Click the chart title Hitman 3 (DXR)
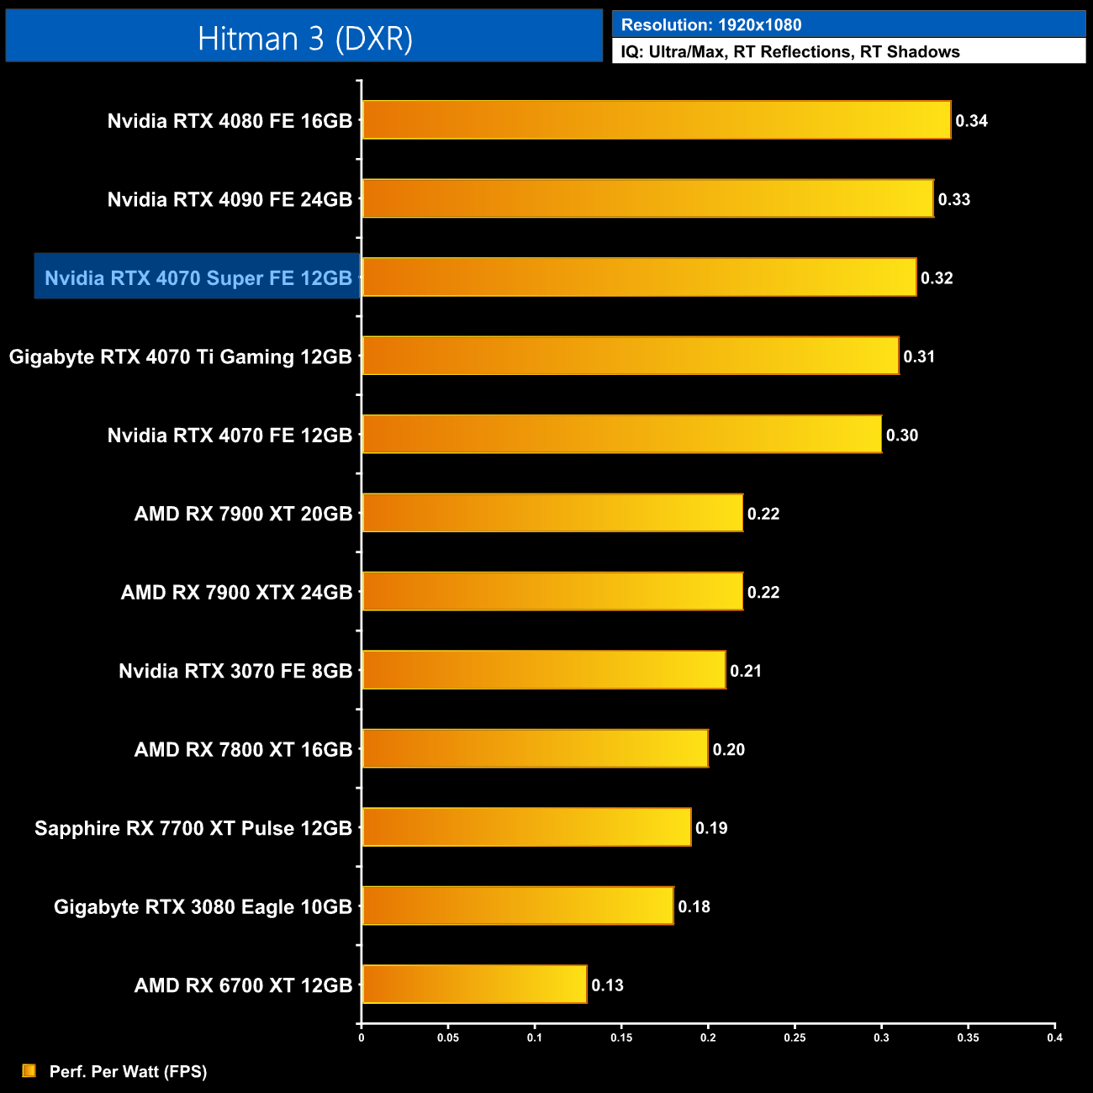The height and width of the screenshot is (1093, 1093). click(304, 39)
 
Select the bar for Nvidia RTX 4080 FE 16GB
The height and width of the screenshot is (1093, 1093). click(656, 120)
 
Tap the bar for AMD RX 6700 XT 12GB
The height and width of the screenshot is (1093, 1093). click(474, 985)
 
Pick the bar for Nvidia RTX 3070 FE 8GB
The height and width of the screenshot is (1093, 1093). click(543, 670)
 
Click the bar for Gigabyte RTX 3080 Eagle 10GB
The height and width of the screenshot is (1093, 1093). click(517, 906)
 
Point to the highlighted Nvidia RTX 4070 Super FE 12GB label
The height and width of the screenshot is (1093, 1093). click(198, 277)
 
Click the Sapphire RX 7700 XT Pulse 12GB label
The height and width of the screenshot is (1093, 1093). click(193, 828)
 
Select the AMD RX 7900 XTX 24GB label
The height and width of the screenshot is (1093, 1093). click(236, 592)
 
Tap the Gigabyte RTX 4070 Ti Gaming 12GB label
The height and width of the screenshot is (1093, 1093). click(180, 356)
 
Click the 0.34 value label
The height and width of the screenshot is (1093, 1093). click(971, 120)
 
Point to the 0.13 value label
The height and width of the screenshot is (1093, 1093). click(607, 985)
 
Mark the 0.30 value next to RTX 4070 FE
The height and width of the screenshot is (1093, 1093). click(901, 435)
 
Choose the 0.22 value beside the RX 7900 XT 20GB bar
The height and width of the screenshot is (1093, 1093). click(763, 514)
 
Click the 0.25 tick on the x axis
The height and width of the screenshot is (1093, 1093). click(795, 1038)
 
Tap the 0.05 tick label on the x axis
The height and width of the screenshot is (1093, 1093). click(448, 1038)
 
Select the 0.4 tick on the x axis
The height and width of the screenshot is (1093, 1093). click(1054, 1038)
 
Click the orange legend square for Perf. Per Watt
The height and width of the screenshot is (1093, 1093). click(29, 1070)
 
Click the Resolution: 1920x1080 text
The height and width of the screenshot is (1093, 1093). click(711, 24)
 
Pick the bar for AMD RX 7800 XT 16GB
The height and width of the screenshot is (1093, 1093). click(535, 748)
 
